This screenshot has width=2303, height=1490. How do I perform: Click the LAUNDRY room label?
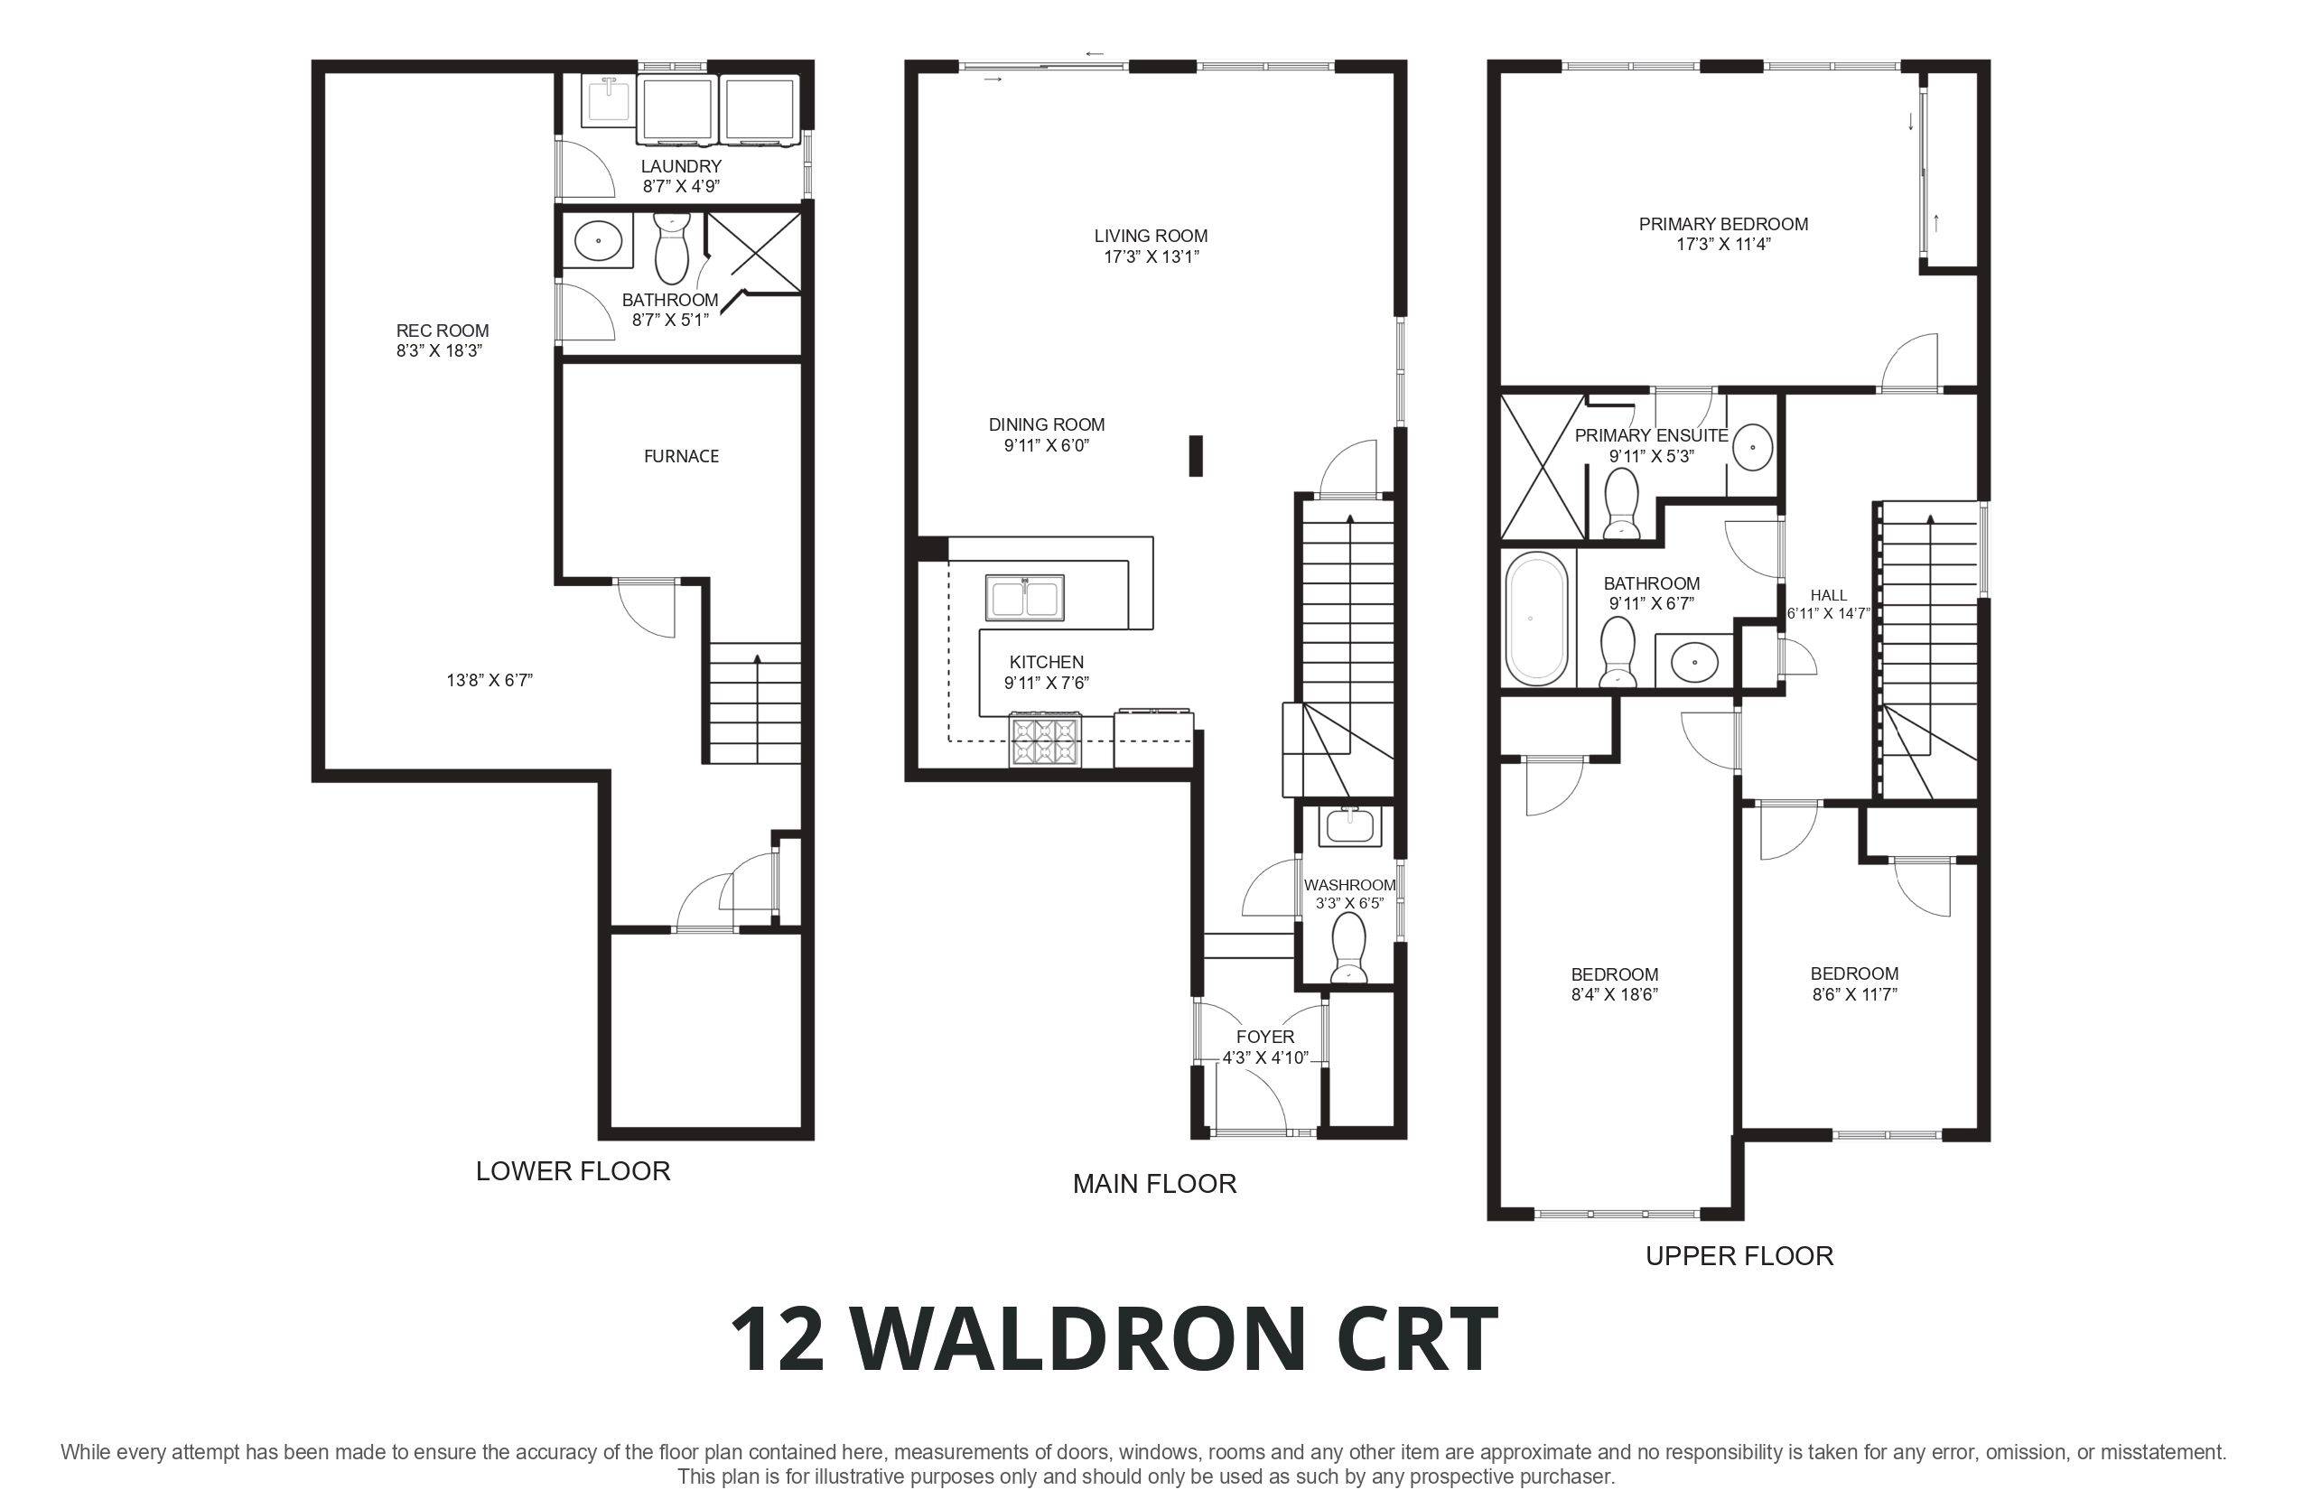pos(681,166)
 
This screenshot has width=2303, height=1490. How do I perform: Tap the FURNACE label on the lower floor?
pos(681,457)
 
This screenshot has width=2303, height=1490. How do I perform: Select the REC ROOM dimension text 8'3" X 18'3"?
pos(439,351)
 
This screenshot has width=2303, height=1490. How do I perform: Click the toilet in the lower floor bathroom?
pos(670,249)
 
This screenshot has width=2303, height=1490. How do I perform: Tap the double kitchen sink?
pos(1025,597)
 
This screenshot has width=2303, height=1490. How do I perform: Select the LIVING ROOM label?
pos(1151,236)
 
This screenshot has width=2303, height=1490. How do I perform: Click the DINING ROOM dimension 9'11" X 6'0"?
pos(1046,446)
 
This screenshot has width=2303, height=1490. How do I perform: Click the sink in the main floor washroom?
pos(1349,826)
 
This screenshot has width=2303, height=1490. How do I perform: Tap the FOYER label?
pos(1264,1038)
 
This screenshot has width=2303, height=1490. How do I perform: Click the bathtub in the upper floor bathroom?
pos(1535,619)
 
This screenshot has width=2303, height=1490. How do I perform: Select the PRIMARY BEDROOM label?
pos(1723,225)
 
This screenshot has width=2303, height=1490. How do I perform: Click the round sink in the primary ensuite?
pos(1752,448)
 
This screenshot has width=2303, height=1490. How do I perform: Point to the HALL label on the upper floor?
pos(1828,596)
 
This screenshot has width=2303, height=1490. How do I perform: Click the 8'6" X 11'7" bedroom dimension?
pos(1854,994)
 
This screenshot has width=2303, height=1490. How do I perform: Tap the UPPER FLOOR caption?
pos(1739,1256)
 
